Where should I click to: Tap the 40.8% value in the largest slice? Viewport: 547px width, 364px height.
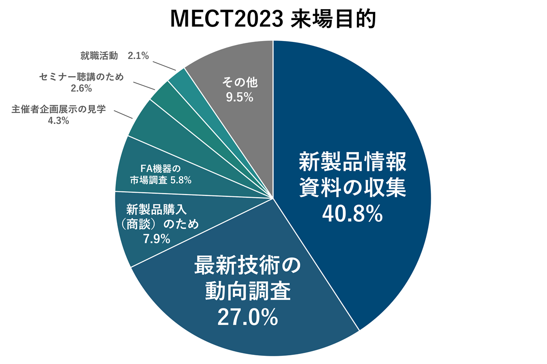[351, 214]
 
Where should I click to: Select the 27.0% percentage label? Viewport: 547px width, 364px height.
[248, 317]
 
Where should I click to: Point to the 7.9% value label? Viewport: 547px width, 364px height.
[156, 239]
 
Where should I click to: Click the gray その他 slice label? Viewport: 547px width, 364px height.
[240, 83]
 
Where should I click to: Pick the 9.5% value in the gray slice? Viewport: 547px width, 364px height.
[240, 97]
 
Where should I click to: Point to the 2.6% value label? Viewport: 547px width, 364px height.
[81, 87]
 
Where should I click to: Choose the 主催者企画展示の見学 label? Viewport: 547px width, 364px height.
[58, 110]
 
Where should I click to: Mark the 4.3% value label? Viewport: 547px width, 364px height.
[58, 121]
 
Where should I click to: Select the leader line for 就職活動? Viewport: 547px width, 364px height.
[165, 64]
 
